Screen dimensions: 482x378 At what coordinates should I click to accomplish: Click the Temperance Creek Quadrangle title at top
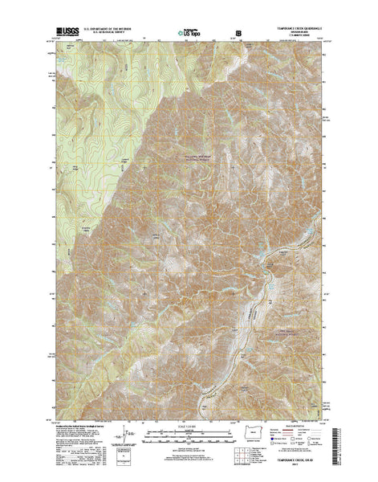tap(295, 31)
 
